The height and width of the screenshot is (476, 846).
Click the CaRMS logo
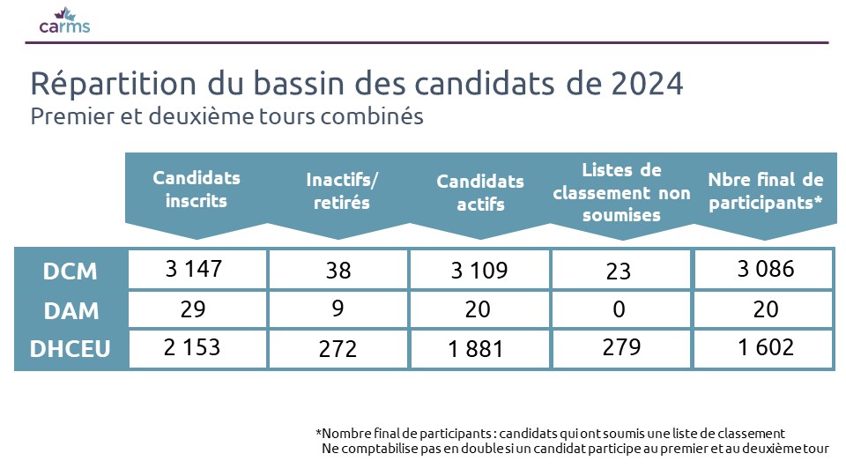tap(64, 20)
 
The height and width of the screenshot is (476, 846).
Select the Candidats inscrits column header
tap(197, 189)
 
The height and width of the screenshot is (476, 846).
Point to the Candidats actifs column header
tap(480, 192)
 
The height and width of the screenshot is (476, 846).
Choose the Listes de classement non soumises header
tap(621, 192)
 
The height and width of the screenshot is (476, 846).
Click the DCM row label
tap(70, 271)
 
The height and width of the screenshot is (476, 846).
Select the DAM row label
tap(70, 310)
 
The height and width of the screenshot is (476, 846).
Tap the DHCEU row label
tap(70, 349)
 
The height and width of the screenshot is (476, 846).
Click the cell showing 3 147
tap(197, 269)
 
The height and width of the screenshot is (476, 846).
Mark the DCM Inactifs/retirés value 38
tap(338, 271)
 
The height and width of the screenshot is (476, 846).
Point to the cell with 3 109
tap(479, 271)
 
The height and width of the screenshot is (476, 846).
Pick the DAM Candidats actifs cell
tap(479, 309)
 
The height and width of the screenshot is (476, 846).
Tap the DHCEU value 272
tap(338, 349)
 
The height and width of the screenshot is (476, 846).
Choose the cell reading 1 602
tap(765, 347)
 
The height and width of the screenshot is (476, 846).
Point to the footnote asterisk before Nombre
tap(318, 434)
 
